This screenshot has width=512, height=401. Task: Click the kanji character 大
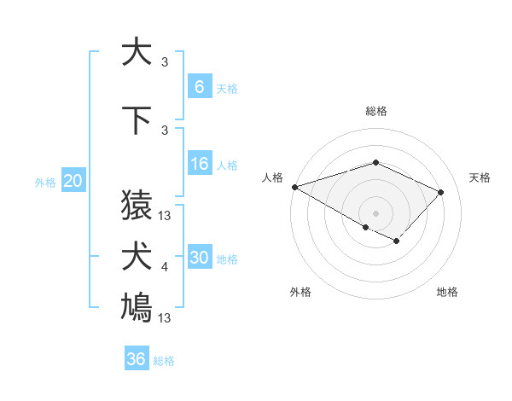pos(137,52)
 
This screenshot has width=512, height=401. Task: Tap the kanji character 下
pos(137,120)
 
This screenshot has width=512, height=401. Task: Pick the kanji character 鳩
pos(137,308)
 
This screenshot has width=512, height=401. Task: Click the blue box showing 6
pos(199,87)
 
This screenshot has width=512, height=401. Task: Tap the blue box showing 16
pos(199,165)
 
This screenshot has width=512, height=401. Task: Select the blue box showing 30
pos(199,259)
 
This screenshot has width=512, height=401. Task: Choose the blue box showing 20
pos(73,181)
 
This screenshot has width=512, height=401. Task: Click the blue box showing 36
pos(137,359)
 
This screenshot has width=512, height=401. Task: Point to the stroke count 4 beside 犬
pos(165,268)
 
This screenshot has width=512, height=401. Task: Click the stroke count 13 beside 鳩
pos(165,318)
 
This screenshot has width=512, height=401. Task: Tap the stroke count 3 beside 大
pos(165,62)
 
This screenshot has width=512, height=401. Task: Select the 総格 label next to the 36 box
pos(164,361)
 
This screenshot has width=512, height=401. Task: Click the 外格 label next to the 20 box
pos(45,182)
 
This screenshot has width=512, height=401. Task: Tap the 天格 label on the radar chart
pos(480,177)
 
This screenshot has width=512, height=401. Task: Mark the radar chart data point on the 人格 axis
pos(294,187)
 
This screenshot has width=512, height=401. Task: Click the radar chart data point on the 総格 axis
pos(375,162)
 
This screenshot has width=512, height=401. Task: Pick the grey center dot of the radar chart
pos(375,212)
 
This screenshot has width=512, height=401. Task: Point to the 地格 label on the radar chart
pos(447,292)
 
